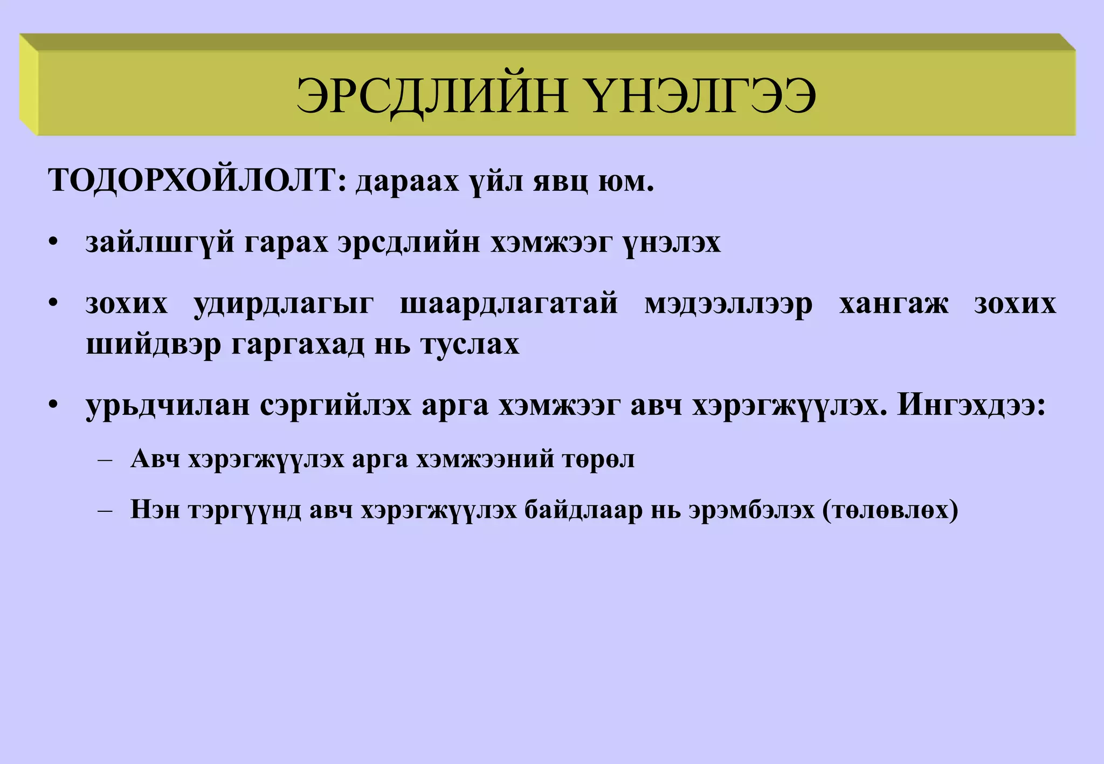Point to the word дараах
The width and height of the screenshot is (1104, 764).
click(x=407, y=182)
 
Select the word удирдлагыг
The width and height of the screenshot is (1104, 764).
click(x=284, y=303)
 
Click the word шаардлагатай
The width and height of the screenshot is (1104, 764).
click(x=509, y=303)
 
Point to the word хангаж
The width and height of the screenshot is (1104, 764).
click(x=894, y=303)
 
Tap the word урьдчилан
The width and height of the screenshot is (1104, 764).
click(x=168, y=406)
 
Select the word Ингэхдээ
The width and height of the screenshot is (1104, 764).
click(x=971, y=406)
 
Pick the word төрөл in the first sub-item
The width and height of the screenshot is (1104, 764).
click(x=598, y=460)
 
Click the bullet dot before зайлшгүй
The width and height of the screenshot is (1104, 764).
click(x=52, y=242)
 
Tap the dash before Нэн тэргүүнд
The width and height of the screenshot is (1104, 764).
click(x=105, y=510)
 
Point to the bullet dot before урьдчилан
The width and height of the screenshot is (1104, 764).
click(x=52, y=405)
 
